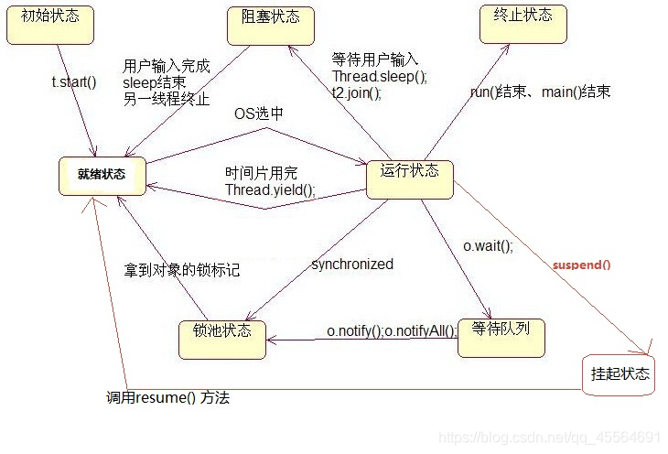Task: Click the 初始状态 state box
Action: point(45,24)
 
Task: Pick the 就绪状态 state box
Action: point(102,174)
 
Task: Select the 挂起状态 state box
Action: point(620,374)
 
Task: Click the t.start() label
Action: point(73,82)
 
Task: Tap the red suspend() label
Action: point(581,265)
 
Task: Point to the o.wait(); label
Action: point(488,245)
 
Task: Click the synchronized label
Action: point(352,265)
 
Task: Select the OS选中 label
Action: point(259,113)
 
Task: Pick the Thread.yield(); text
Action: point(270,189)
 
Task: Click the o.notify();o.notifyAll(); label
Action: point(392,330)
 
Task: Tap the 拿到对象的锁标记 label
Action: point(182,271)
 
